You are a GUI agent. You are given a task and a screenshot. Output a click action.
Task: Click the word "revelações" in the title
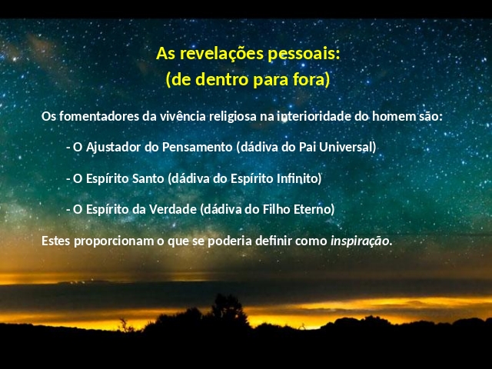coord(221,54)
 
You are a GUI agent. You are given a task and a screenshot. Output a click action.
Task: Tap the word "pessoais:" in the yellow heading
coord(304,54)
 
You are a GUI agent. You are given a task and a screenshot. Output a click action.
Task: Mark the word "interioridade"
coord(314,116)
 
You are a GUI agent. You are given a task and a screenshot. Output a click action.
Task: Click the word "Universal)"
coord(347,147)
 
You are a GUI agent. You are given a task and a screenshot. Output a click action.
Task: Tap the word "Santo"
coord(148,178)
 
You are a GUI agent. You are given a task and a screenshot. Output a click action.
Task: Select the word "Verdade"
coord(172,209)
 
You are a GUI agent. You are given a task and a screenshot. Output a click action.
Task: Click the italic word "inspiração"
coord(360,241)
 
